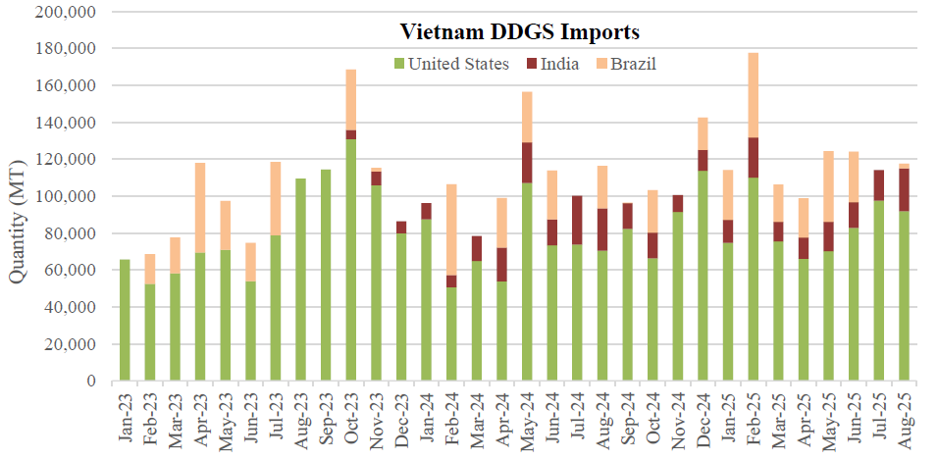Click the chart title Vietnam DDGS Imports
coord(519,32)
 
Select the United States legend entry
coord(458,65)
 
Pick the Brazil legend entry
coord(634,65)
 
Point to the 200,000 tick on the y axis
coord(65,12)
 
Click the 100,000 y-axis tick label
coord(65,196)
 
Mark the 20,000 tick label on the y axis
coord(69,344)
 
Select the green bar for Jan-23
coord(125,320)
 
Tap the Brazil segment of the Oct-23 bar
coord(350,99)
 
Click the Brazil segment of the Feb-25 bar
coord(754,94)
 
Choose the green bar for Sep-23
coord(326,275)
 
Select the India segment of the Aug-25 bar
coord(904,189)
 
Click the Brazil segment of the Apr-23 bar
coord(200,208)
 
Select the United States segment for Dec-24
coord(703,276)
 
